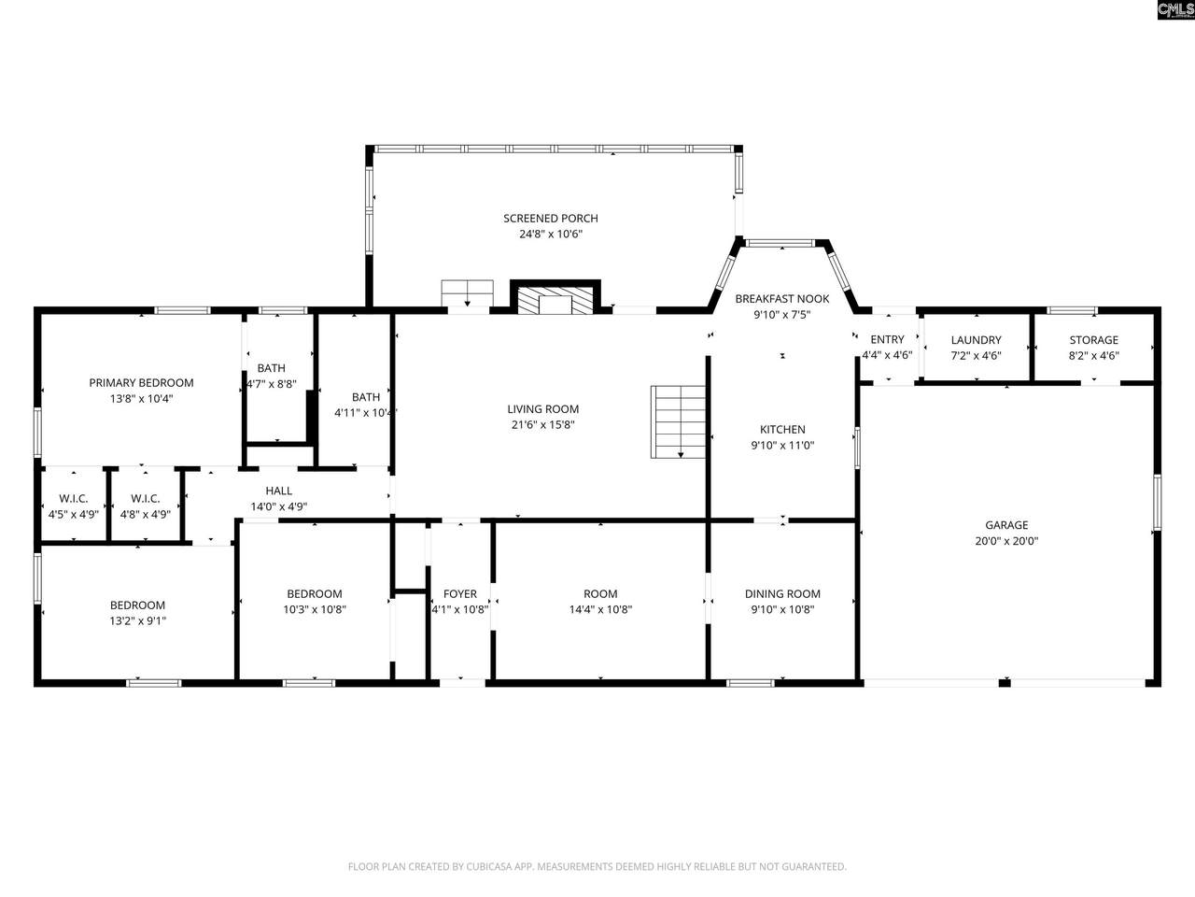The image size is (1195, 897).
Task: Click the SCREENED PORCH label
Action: tap(551, 219)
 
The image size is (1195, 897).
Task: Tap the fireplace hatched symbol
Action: tap(555, 301)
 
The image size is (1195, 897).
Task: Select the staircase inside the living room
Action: tap(679, 421)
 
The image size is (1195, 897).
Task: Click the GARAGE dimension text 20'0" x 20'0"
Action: tap(1006, 541)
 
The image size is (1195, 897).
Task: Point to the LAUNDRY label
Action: tap(977, 340)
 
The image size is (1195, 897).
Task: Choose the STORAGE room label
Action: tap(1094, 340)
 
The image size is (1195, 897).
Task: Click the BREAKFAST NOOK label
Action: tap(782, 298)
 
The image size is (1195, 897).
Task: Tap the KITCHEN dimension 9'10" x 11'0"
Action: tap(782, 445)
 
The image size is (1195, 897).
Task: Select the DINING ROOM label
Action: tap(782, 593)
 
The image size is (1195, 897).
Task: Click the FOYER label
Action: tap(460, 593)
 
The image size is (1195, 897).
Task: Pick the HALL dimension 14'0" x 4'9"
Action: tap(279, 506)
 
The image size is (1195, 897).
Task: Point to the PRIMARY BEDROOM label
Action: tap(142, 383)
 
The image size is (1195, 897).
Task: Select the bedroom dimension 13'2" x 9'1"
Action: tap(138, 620)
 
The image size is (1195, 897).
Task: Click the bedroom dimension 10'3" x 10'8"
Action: tap(315, 609)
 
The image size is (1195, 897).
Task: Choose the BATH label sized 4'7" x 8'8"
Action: tap(271, 368)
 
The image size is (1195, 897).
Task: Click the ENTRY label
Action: tap(887, 340)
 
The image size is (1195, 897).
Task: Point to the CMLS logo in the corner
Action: tap(1175, 9)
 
